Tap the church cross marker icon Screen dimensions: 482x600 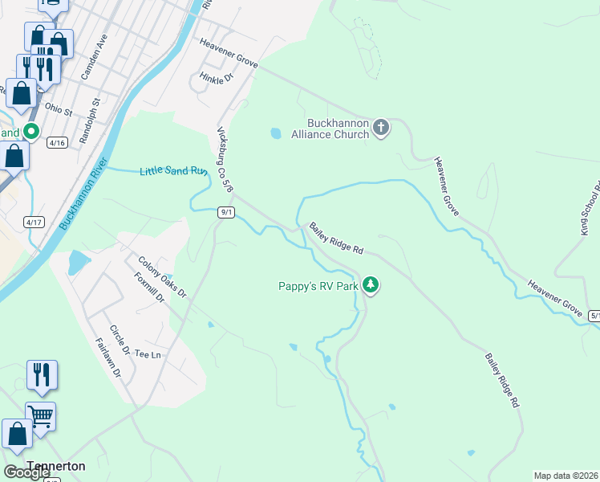381,127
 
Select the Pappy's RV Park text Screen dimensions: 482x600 318,285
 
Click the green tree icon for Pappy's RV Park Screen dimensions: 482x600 370,284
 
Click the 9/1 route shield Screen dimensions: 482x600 226,212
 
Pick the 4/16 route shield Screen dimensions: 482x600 57,142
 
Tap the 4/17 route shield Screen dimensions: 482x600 34,222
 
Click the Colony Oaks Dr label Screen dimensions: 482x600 162,276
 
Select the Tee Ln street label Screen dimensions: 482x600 148,354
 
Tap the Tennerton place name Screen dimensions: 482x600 56,466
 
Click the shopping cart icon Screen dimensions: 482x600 41,416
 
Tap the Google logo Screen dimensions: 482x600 27,472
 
